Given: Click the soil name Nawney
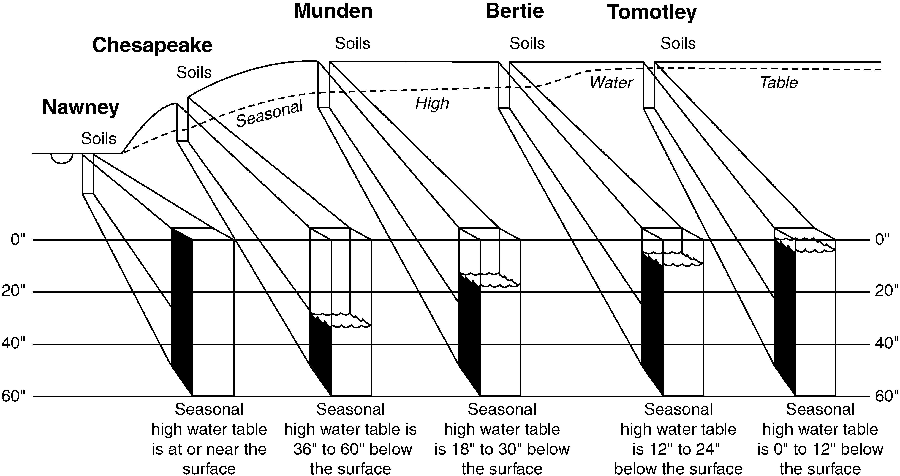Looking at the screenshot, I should tap(81, 107).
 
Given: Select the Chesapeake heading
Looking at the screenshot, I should tap(152, 45).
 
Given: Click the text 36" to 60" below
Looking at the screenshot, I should tap(352, 449).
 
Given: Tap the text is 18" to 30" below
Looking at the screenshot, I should tap(502, 449).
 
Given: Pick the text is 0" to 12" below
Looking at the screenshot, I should tap(820, 449).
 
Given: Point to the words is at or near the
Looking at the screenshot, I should tap(209, 449).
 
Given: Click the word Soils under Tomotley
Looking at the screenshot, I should tap(678, 44).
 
